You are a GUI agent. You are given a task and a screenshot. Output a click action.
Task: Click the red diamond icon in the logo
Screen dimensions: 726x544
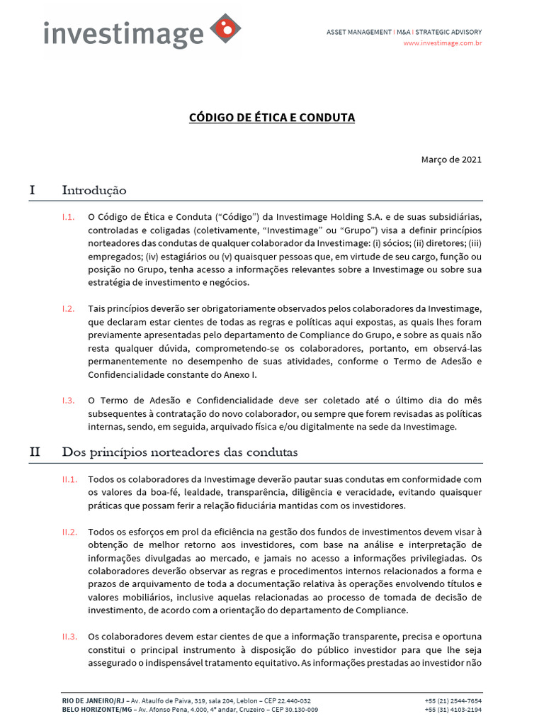pos(226,29)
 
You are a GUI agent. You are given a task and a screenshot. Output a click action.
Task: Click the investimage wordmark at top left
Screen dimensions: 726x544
pos(123,34)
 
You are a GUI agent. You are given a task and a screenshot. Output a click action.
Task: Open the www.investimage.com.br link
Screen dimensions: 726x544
pos(443,43)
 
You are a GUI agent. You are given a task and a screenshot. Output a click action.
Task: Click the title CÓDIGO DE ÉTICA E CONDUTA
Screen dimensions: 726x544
pos(272,117)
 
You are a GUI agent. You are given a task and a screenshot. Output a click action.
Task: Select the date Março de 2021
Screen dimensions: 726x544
pos(451,159)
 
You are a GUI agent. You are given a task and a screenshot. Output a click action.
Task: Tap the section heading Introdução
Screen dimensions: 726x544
pos(94,190)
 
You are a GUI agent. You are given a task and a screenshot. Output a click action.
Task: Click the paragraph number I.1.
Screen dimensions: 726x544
pos(68,218)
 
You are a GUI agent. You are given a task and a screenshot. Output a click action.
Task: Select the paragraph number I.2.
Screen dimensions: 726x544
pos(68,309)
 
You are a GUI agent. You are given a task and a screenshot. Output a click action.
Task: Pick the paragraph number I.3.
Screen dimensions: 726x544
pos(68,401)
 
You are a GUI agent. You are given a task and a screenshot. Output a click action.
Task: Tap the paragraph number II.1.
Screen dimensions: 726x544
pos(69,479)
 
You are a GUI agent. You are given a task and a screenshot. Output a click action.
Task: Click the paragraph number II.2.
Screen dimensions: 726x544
pos(69,532)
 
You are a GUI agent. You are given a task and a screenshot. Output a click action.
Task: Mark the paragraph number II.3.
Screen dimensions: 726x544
pos(69,637)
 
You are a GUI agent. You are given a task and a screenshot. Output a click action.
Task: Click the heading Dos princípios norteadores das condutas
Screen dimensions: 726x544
pos(180,452)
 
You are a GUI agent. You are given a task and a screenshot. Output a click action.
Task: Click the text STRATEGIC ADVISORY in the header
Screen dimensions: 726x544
pos(448,32)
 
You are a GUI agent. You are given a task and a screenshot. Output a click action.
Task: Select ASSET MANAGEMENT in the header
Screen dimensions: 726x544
pos(358,32)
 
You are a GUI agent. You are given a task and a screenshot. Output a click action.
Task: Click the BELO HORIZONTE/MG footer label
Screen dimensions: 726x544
pos(98,709)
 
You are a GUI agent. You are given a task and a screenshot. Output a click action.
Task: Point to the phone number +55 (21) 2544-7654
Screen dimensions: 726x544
pos(453,700)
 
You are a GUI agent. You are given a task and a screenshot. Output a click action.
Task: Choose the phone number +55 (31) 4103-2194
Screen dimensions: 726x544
pos(453,709)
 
